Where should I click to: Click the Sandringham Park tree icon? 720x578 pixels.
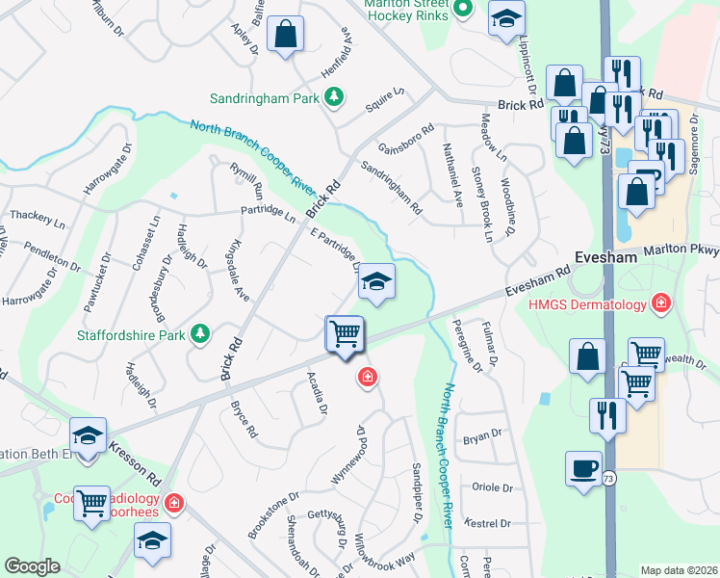click(x=334, y=97)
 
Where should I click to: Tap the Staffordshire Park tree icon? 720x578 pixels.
click(x=200, y=334)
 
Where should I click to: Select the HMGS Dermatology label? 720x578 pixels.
click(x=587, y=305)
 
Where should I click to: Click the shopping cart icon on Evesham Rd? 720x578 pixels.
click(x=344, y=334)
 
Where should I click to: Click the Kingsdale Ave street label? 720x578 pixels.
click(x=236, y=270)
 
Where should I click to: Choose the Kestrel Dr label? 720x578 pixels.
click(x=486, y=523)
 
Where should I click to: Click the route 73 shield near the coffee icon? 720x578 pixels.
click(x=608, y=478)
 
